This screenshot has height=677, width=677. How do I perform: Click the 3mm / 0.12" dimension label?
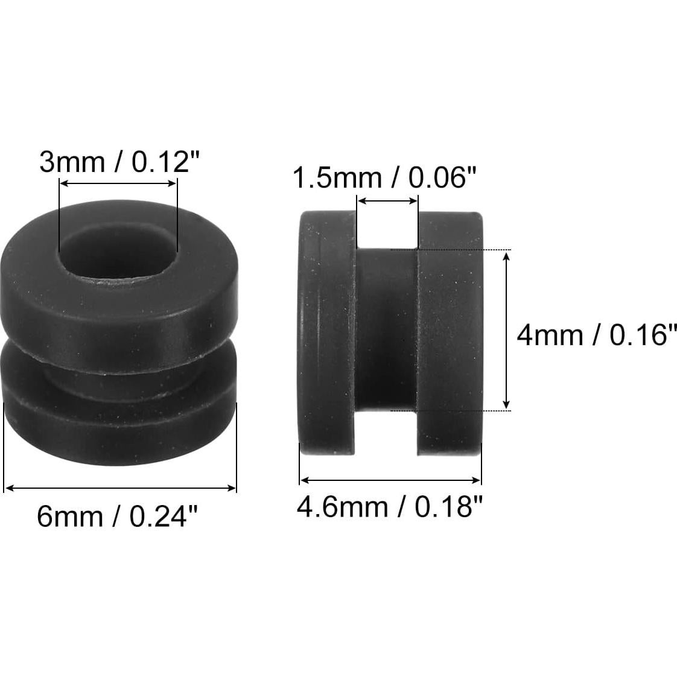tap(119, 162)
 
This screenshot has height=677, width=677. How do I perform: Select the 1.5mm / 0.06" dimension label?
tap(384, 178)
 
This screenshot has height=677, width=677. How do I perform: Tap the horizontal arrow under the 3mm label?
tap(118, 185)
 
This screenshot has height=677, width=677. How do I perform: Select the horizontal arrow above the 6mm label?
tap(120, 488)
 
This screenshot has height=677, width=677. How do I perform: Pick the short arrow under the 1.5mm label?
tap(387, 200)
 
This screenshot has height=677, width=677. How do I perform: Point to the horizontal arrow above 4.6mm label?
tap(390, 480)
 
